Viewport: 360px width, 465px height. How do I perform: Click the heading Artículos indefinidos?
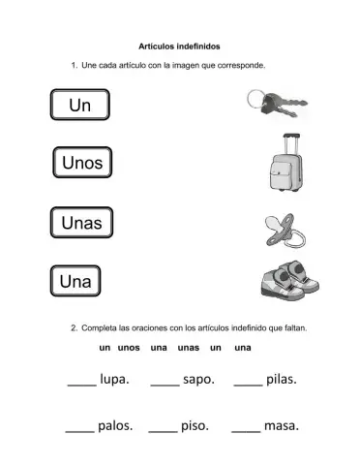[179, 45]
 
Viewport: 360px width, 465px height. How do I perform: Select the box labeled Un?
[81, 105]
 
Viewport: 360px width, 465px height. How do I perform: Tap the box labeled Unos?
[81, 163]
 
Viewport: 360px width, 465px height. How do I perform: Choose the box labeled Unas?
[81, 223]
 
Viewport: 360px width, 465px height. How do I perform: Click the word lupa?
[114, 380]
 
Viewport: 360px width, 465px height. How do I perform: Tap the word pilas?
[282, 380]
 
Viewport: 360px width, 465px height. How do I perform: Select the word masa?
[281, 425]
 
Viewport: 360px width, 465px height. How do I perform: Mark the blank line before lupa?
[81, 385]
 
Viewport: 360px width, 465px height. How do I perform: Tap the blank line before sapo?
[165, 385]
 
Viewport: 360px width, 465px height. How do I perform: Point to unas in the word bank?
[189, 347]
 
